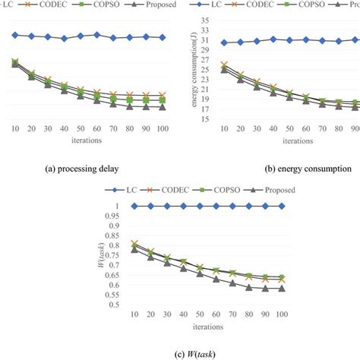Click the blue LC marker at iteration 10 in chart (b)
223,43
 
